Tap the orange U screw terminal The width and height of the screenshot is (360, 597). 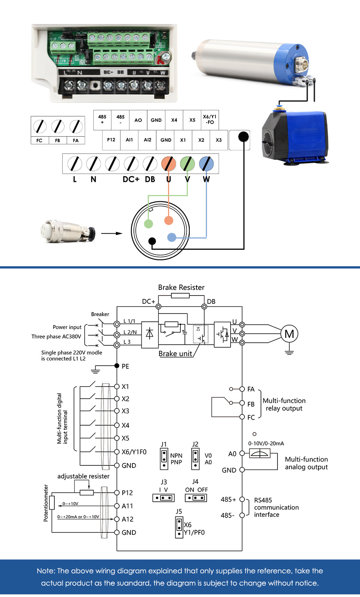pyautogui.click(x=169, y=164)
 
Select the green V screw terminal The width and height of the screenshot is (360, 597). pyautogui.click(x=187, y=164)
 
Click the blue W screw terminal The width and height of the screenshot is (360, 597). pyautogui.click(x=206, y=164)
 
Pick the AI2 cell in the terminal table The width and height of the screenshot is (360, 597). pyautogui.click(x=147, y=140)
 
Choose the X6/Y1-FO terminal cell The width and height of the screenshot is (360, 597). pyautogui.click(x=210, y=120)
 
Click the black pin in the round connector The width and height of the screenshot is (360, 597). pyautogui.click(x=152, y=241)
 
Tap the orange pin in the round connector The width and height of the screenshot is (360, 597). pyautogui.click(x=169, y=220)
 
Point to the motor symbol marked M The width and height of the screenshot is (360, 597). pyautogui.click(x=289, y=334)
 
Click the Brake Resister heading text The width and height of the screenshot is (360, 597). pyautogui.click(x=181, y=288)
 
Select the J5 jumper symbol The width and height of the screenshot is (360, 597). pyautogui.click(x=179, y=527)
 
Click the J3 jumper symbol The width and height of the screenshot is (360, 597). pyautogui.click(x=163, y=498)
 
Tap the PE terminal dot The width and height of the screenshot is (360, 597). pyautogui.click(x=117, y=366)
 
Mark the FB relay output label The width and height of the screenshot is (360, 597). pyautogui.click(x=251, y=404)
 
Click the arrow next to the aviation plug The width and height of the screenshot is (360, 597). pyautogui.click(x=112, y=233)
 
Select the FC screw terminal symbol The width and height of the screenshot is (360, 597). pyautogui.click(x=39, y=126)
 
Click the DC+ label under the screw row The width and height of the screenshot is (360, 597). pyautogui.click(x=131, y=180)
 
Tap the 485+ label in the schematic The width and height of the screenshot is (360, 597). pyautogui.click(x=228, y=500)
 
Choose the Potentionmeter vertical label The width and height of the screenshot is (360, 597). pyautogui.click(x=46, y=503)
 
